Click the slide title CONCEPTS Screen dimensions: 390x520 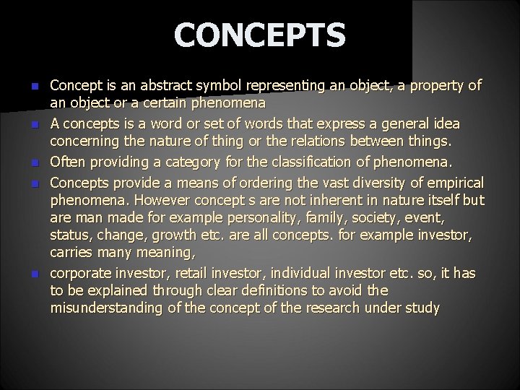pyautogui.click(x=260, y=35)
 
